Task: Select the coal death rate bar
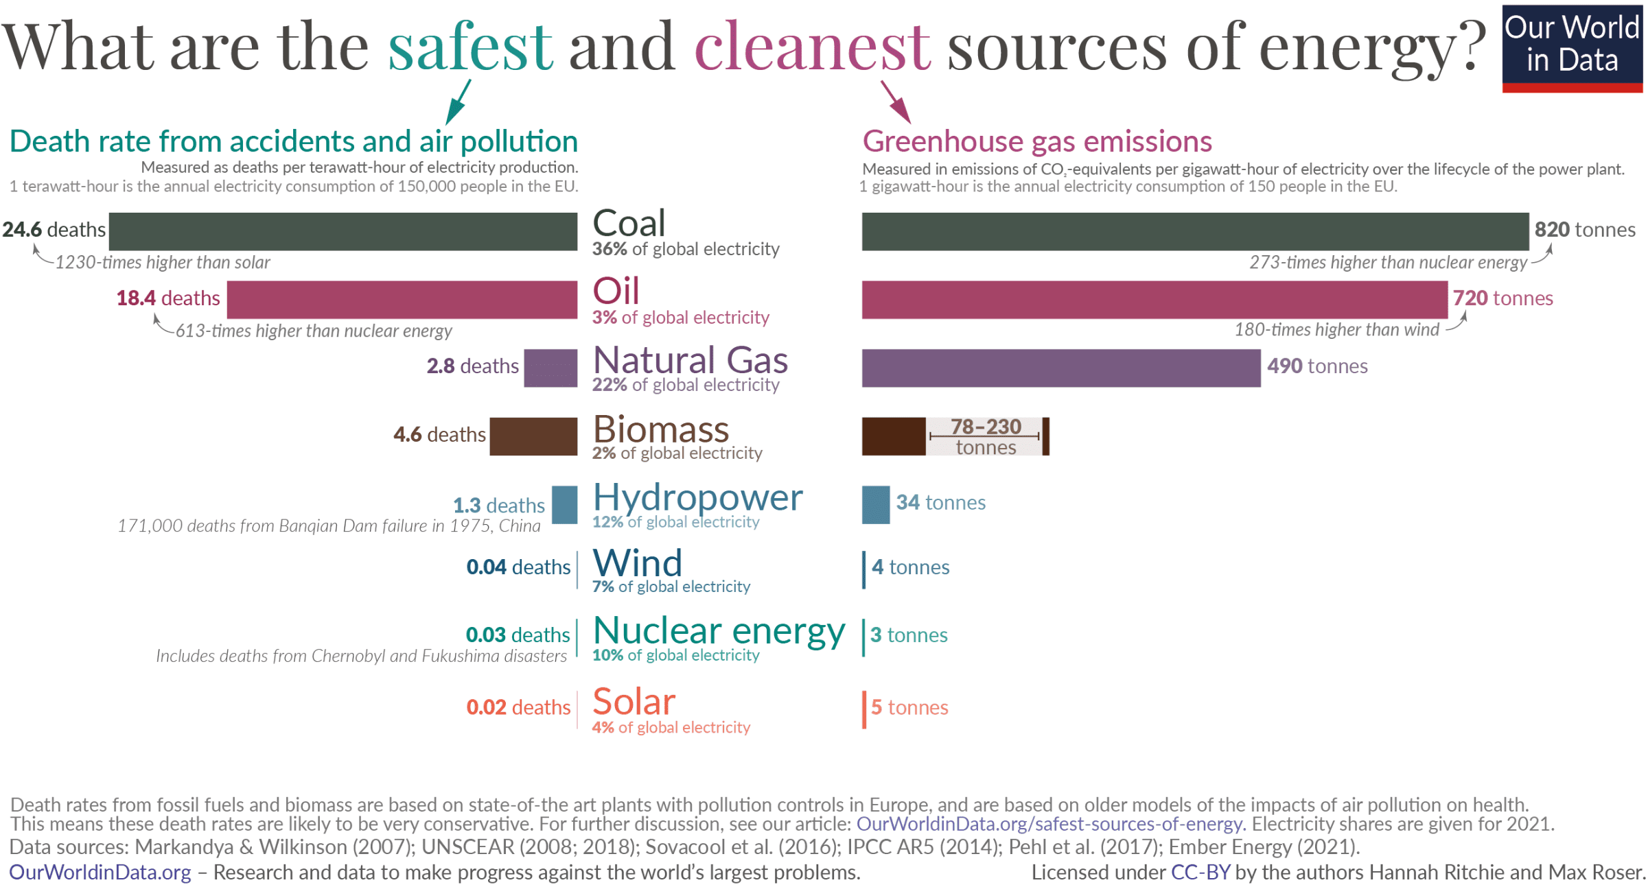(343, 231)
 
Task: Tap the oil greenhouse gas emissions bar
(1154, 299)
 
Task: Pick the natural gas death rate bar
(550, 368)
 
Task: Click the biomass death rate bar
(533, 436)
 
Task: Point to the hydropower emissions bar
(875, 504)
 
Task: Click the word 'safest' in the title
(470, 47)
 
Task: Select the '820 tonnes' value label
(1584, 230)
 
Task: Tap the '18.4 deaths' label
(168, 298)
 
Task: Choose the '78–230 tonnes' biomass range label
(985, 436)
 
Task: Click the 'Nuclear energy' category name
(719, 630)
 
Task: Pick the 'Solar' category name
(634, 702)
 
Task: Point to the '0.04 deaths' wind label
(518, 567)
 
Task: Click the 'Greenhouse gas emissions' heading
(1036, 141)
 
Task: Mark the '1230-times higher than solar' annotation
(163, 262)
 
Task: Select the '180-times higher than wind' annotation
(1336, 330)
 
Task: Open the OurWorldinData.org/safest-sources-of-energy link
(1049, 824)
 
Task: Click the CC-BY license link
(1200, 873)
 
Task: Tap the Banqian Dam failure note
(329, 526)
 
